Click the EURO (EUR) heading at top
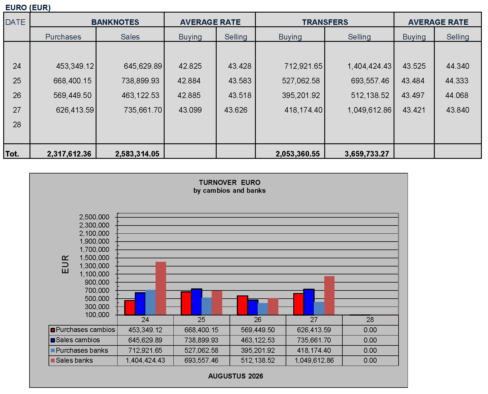pos(28,8)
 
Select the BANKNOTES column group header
pos(115,22)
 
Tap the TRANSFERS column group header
pos(325,22)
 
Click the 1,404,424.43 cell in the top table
pos(369,66)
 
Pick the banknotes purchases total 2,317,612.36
pos(69,154)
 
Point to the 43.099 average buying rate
pos(190,110)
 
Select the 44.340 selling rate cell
pos(458,66)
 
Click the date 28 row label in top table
pos(17,125)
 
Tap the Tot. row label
pos(12,154)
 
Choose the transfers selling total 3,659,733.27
pos(367,154)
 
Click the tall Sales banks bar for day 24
pos(161,288)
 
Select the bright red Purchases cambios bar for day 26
pos(242,305)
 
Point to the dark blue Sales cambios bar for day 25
pos(196,302)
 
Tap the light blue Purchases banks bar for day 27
pos(319,308)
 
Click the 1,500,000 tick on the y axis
pos(94,258)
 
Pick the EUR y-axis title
pos(65,264)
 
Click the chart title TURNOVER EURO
pos(230,183)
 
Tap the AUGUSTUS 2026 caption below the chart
pos(235,376)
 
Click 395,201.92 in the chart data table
pos(258,350)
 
